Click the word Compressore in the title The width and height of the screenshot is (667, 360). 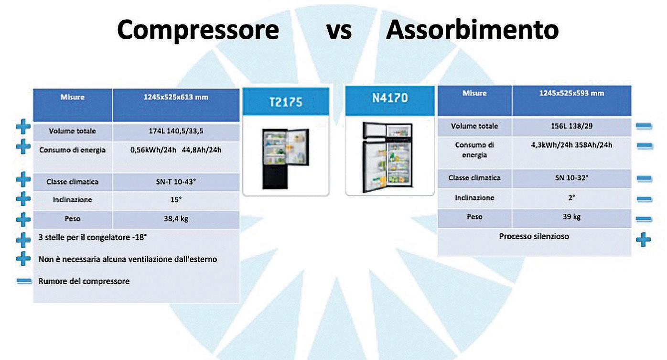(x=198, y=30)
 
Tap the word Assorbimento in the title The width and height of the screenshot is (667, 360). (x=472, y=30)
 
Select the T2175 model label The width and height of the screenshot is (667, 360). (x=285, y=102)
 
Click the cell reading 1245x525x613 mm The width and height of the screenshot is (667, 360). (x=176, y=98)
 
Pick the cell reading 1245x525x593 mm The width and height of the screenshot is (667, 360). (x=571, y=93)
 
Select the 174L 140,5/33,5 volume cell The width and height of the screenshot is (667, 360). (x=176, y=131)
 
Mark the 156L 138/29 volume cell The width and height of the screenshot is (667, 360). (x=571, y=126)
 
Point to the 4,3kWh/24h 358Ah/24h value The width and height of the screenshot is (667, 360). (x=571, y=145)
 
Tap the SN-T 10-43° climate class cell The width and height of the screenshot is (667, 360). (x=176, y=182)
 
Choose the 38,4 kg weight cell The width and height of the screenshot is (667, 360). (x=176, y=219)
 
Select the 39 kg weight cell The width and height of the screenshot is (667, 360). (x=571, y=217)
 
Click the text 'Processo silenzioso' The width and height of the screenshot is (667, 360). (x=534, y=237)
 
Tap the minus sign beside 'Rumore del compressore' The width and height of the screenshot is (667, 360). (x=24, y=281)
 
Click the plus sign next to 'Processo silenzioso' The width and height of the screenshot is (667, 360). (x=644, y=239)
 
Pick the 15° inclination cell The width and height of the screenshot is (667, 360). (x=176, y=200)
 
